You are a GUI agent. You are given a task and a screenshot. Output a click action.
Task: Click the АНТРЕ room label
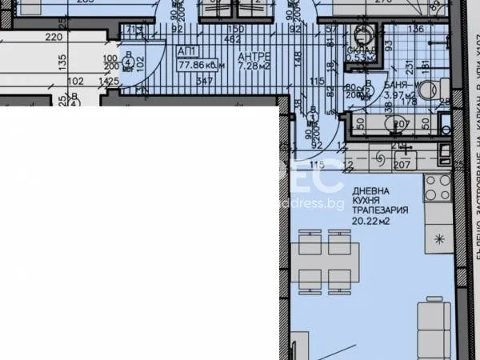(x=254, y=55)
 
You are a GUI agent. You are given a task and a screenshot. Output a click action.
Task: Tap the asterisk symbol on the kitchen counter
(x=438, y=238)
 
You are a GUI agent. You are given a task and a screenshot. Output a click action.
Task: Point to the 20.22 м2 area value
(x=373, y=222)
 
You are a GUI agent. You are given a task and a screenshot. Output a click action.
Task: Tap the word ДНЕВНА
(x=370, y=190)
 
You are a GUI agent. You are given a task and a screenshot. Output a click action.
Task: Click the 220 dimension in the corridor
(x=54, y=37)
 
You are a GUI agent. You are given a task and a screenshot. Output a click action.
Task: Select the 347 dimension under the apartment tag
(x=204, y=82)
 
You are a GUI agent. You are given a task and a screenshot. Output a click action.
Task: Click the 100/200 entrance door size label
(x=110, y=63)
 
